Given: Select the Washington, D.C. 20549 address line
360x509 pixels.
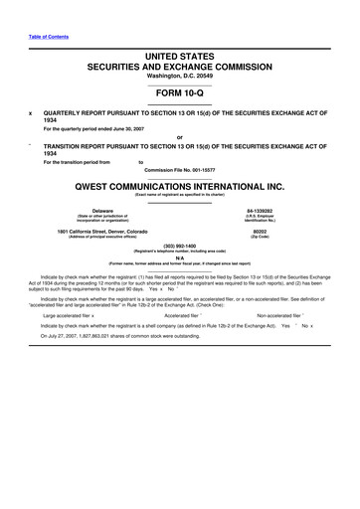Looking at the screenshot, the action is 179,78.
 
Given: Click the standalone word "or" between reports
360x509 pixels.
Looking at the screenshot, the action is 179,138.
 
